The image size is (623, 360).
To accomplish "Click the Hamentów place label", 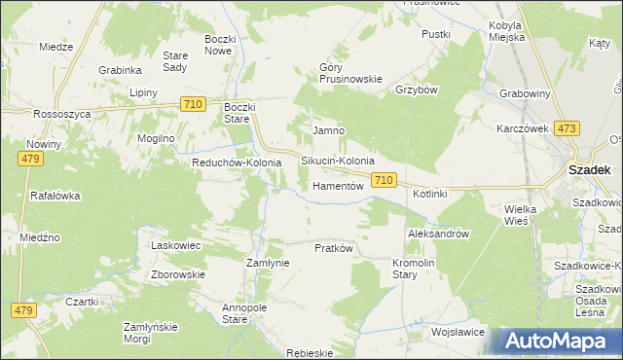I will (x=338, y=185).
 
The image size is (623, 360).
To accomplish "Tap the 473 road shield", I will (x=567, y=128).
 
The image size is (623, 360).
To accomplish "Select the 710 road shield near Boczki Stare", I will (x=193, y=104).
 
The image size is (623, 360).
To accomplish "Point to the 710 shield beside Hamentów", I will (x=384, y=180).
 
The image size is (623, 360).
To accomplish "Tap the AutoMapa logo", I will (x=560, y=342).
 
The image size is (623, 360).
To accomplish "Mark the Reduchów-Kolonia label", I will (x=237, y=162).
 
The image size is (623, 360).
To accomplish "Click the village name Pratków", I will (x=333, y=248).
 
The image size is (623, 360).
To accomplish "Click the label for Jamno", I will (x=328, y=130).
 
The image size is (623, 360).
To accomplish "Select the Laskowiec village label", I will (x=175, y=245).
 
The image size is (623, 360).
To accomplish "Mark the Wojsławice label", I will (x=458, y=332).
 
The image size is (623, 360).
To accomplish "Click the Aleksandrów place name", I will (x=438, y=234).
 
